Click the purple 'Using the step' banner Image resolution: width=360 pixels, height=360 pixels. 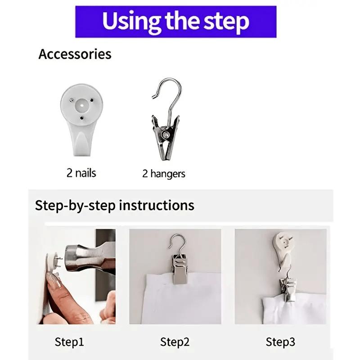tap(175, 22)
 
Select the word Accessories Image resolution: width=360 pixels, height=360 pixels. tap(75, 54)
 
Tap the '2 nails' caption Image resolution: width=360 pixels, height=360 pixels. tap(81, 173)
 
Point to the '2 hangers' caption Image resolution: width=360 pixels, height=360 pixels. tap(164, 174)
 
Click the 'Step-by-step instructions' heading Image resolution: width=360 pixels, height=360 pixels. tap(115, 205)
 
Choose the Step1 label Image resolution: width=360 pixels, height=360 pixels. tap(69, 342)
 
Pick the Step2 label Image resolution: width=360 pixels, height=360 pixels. tap(175, 342)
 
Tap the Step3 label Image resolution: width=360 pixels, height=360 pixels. tap(280, 342)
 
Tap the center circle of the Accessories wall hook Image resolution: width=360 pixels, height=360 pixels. tap(82, 106)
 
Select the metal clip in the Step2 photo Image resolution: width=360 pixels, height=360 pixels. tap(180, 269)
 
